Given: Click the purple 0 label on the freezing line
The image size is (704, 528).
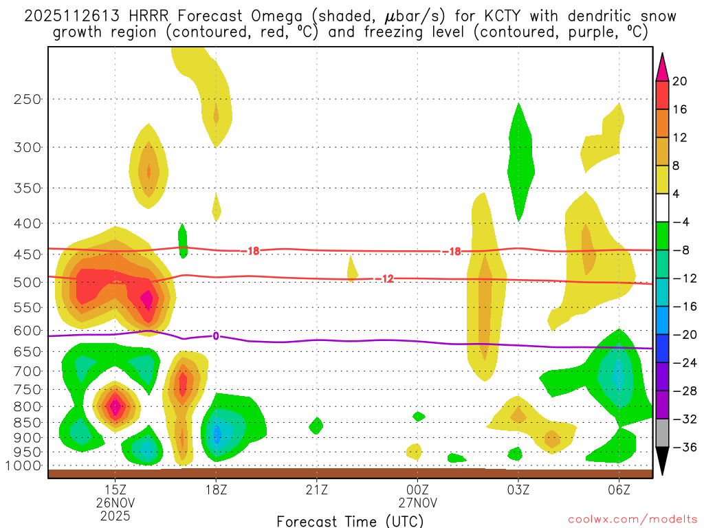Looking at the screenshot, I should [216, 336].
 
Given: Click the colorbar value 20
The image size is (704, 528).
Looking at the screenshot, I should [680, 81].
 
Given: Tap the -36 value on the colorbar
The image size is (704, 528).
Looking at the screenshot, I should [682, 448].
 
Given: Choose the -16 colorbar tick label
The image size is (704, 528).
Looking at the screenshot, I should [682, 307].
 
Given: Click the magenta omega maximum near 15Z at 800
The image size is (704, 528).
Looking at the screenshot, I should [115, 406].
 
